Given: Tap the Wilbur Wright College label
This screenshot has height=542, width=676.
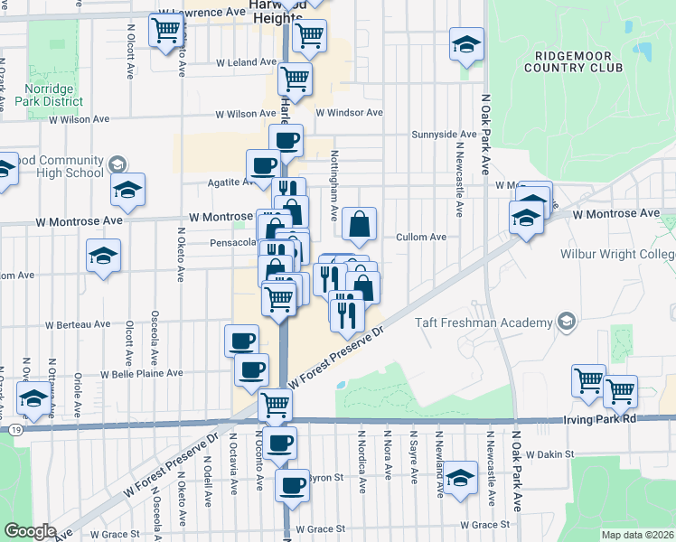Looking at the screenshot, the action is [x=618, y=255].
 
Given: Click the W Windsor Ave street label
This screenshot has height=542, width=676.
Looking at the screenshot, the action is [x=349, y=113].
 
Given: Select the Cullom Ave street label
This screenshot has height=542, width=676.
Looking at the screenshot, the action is [x=421, y=237].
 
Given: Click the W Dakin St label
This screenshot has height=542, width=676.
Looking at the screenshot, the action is [x=549, y=454].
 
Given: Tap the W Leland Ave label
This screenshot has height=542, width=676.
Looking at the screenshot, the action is [x=245, y=62].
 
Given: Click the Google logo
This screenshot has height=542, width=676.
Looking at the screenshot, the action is [x=30, y=531].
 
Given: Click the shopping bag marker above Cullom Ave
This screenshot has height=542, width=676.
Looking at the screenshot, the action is [x=359, y=223].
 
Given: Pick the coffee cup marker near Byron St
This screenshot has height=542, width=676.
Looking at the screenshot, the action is [x=292, y=485].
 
